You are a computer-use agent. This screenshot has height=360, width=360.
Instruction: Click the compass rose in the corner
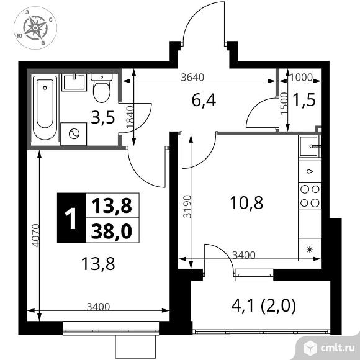click(x=35, y=28)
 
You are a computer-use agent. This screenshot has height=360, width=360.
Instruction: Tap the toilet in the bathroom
click(x=102, y=88)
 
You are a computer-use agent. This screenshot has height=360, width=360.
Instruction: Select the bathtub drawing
click(x=45, y=108)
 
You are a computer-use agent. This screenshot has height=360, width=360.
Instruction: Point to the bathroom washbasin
click(x=74, y=82)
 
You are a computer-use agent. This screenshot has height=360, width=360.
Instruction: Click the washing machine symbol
click(x=74, y=134)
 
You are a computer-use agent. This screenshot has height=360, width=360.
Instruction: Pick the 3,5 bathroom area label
click(x=102, y=117)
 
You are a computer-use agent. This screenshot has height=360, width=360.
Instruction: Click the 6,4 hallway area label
click(x=204, y=101)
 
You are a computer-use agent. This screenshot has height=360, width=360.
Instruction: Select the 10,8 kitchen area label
click(x=246, y=203)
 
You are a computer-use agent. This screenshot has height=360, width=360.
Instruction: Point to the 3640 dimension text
click(x=192, y=77)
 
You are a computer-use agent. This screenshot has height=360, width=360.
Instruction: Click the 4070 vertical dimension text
click(x=36, y=235)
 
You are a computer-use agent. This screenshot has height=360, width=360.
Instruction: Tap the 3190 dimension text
click(x=187, y=207)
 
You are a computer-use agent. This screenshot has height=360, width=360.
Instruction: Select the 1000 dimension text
click(x=301, y=77)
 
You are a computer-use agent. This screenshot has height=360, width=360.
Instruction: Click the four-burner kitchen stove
click(x=310, y=196)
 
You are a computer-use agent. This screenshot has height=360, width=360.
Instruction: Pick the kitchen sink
click(x=310, y=146)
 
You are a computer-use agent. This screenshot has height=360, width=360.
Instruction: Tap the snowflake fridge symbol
click(x=310, y=250)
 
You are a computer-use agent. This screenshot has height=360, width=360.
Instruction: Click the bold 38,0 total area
click(x=112, y=231)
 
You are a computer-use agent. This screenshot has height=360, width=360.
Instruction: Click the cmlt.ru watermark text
click(x=337, y=349)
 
